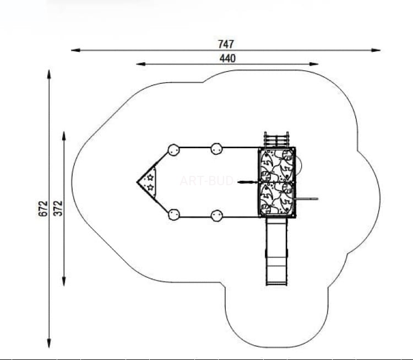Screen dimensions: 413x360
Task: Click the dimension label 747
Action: click(226, 44)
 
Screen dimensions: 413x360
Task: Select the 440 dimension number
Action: click(227, 58)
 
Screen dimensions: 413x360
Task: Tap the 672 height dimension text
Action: click(44, 208)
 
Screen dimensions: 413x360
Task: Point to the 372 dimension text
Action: click(58, 208)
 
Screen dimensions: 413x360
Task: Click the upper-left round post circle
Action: click(173, 150)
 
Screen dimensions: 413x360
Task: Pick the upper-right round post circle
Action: click(216, 149)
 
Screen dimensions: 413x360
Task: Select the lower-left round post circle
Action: click(173, 214)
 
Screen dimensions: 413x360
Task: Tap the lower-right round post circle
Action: click(216, 216)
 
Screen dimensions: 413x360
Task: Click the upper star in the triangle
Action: click(150, 177)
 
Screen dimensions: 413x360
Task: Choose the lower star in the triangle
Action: click(150, 187)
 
